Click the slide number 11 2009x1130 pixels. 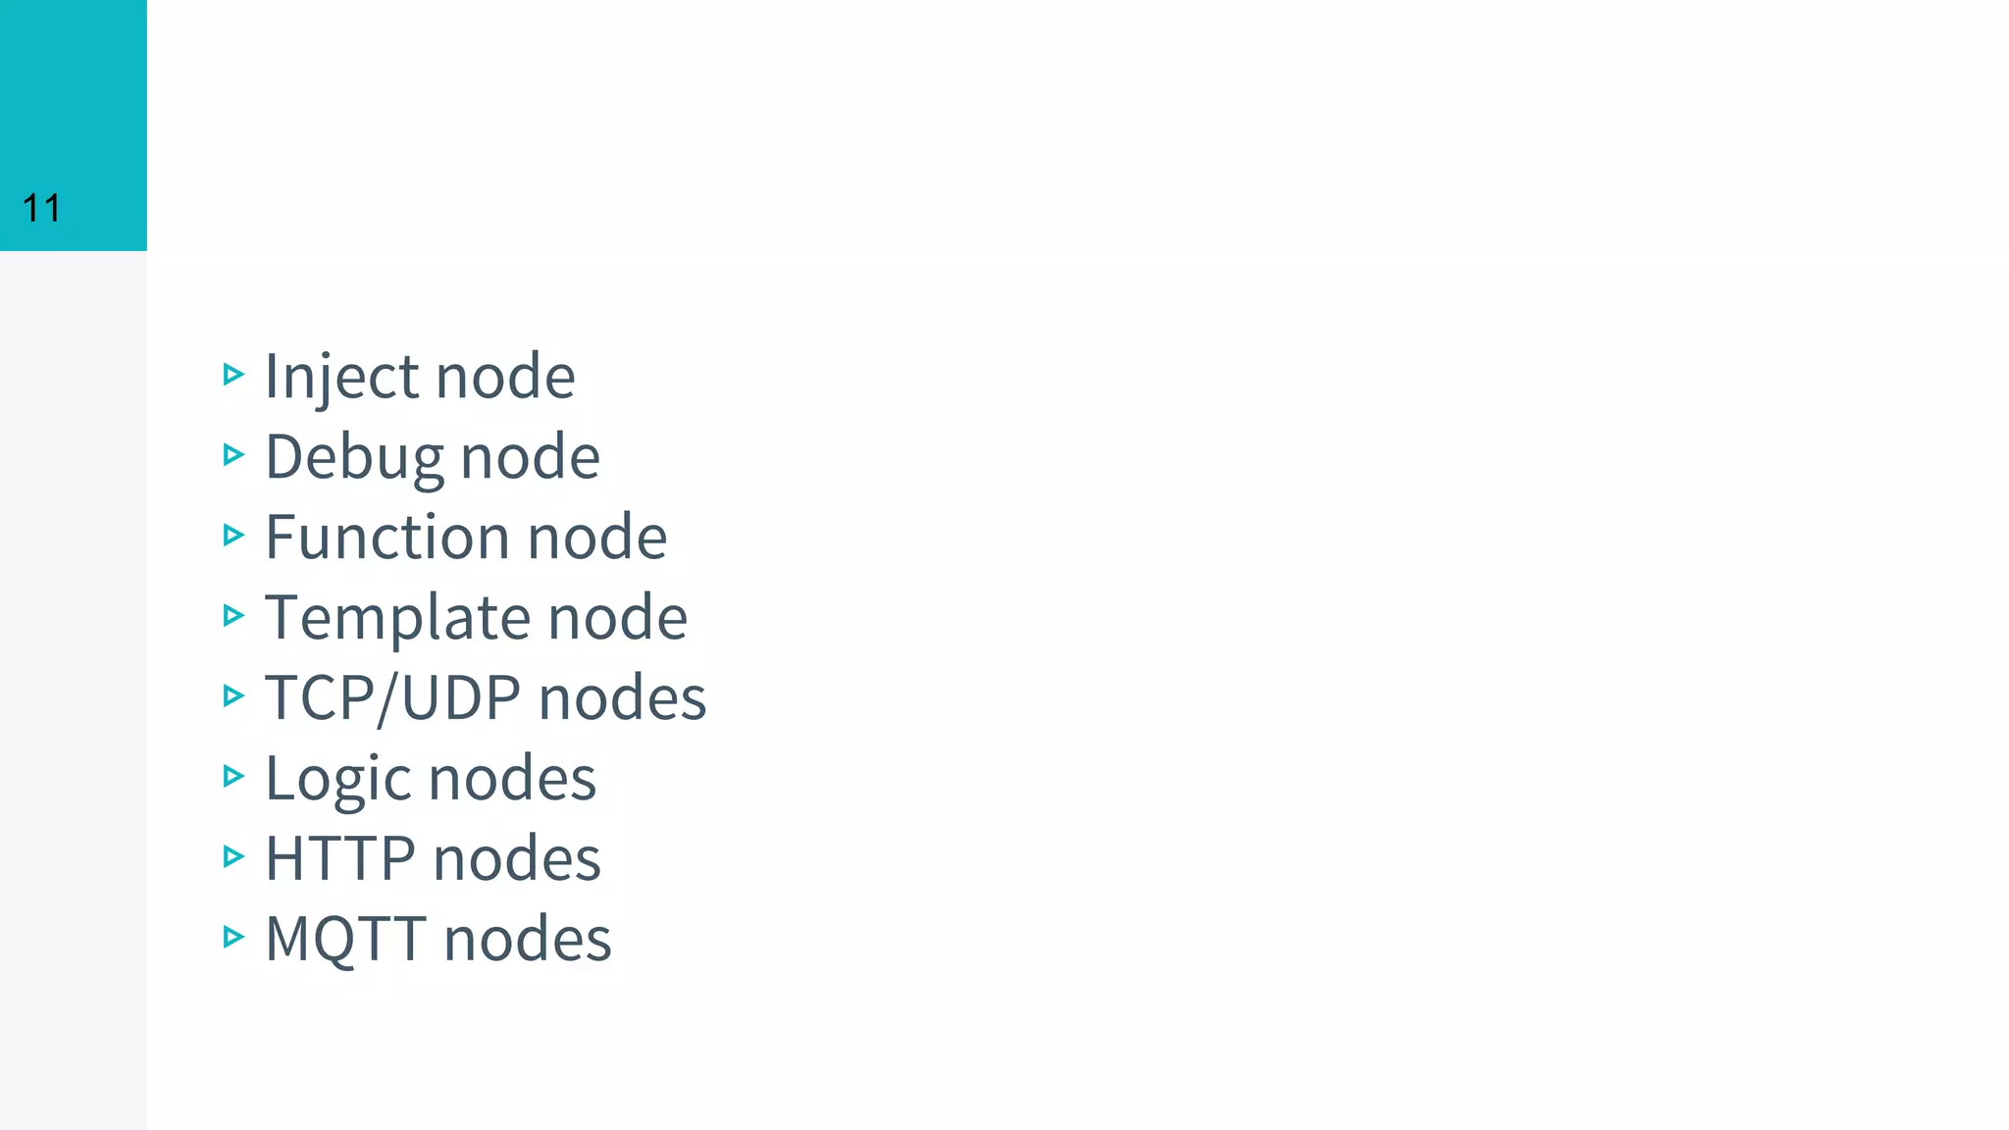[x=41, y=208]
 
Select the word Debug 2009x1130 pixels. [x=353, y=457]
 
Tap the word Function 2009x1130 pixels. [x=387, y=538]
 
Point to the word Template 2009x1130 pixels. [x=397, y=618]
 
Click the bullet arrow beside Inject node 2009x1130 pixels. [x=233, y=374]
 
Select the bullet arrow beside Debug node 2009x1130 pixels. [x=233, y=454]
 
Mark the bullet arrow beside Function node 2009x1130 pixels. [x=233, y=535]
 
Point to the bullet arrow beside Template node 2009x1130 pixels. [x=233, y=615]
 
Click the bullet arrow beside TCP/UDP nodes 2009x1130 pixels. [x=233, y=695]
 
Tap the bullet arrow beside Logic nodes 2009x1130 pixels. [x=233, y=776]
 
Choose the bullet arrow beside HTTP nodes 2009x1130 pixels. [x=233, y=856]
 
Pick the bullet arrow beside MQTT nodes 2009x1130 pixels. [x=233, y=937]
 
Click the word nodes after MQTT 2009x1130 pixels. [x=528, y=940]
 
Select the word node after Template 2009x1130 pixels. [x=617, y=618]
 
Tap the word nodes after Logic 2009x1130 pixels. [x=512, y=779]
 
